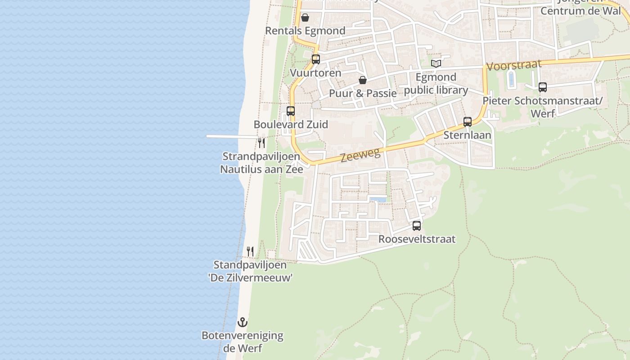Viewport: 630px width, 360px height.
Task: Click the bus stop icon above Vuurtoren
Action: [x=315, y=59]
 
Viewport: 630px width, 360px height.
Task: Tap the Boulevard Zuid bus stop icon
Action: [x=291, y=111]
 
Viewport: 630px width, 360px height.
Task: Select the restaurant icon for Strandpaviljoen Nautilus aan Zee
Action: [x=261, y=143]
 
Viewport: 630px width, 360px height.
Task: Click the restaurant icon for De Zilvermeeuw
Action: [x=250, y=251]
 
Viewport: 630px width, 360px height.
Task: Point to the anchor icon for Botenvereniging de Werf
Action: [x=243, y=322]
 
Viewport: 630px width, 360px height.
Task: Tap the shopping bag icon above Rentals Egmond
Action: [x=305, y=18]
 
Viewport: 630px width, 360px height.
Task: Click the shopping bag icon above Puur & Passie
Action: [x=362, y=80]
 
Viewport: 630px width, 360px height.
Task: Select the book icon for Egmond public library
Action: [x=436, y=63]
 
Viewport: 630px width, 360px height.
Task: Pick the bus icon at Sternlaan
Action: [x=468, y=121]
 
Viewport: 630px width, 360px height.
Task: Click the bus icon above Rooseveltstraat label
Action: [x=417, y=225]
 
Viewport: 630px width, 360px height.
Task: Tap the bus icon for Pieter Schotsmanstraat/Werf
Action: [x=543, y=87]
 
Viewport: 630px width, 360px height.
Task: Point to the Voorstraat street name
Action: [x=514, y=65]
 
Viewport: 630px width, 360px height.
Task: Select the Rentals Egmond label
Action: [x=305, y=31]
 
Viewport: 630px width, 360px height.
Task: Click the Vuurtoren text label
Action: [x=315, y=72]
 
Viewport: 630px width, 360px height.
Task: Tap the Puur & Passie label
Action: [x=363, y=93]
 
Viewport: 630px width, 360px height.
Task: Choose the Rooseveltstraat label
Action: [x=417, y=239]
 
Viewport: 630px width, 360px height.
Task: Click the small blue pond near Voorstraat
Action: [x=511, y=79]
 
